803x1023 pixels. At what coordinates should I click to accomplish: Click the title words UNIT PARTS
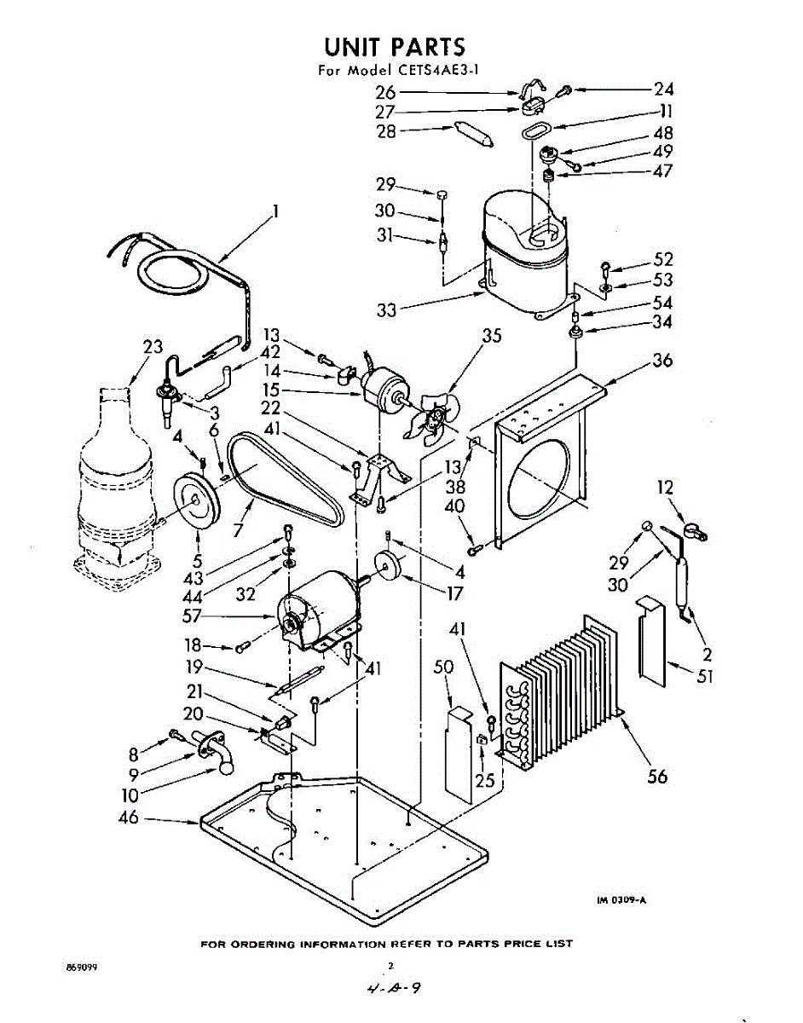click(395, 46)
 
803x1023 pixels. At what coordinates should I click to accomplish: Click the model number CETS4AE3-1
click(436, 71)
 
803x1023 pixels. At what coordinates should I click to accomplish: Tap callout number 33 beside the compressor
click(387, 310)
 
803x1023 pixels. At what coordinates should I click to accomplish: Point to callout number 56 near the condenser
click(657, 777)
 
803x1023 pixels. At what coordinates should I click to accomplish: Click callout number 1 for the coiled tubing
click(275, 211)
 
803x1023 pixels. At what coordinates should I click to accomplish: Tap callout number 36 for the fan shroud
click(661, 361)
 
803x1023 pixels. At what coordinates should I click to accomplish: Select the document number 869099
click(81, 969)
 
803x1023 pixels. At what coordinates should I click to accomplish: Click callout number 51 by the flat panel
click(704, 678)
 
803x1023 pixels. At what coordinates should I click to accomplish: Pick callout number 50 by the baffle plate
click(443, 668)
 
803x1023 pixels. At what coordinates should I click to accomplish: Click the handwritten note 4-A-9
click(395, 990)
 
